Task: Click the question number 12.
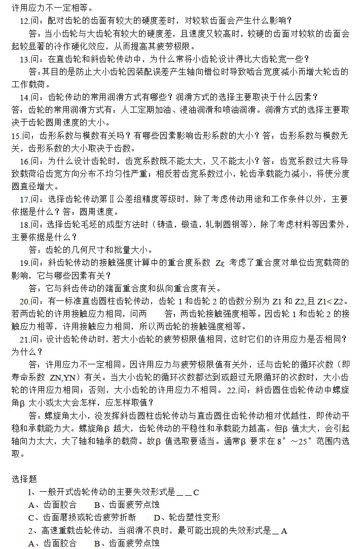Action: point(24,21)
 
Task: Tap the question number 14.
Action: point(24,97)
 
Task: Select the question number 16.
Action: point(24,161)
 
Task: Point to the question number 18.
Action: point(24,224)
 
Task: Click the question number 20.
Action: point(24,301)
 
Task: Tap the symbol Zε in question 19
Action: point(220,263)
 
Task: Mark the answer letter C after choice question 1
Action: point(196,492)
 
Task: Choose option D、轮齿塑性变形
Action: point(187,518)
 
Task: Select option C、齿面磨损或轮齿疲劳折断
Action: point(82,518)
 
